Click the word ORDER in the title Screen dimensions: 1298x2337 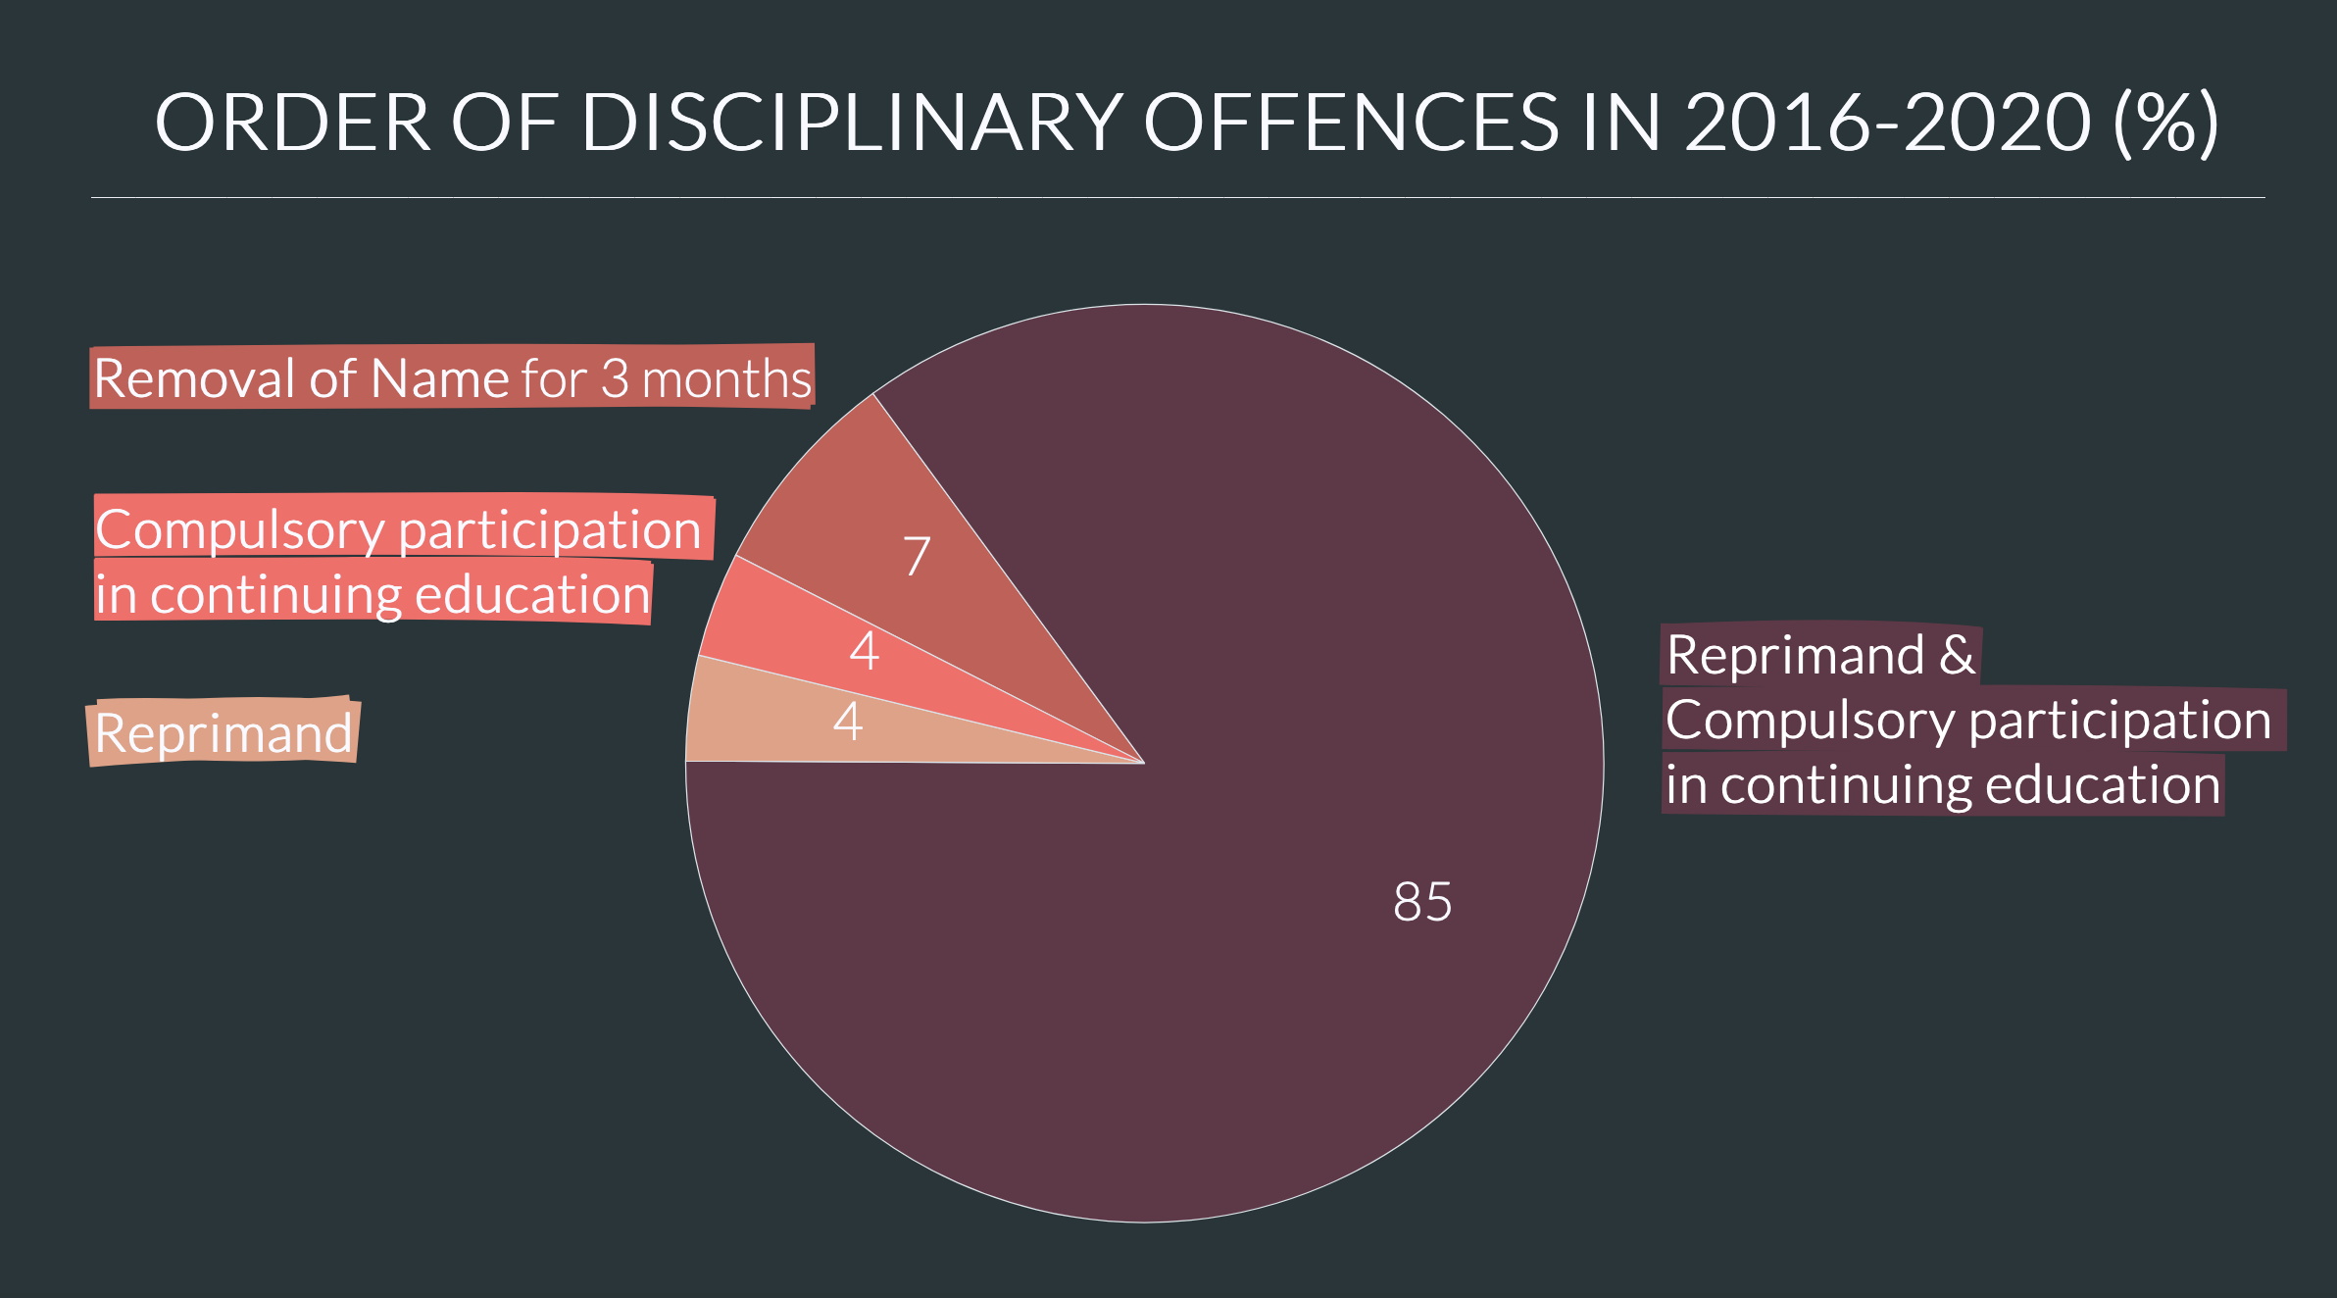[292, 123]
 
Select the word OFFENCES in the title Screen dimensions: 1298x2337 [1350, 123]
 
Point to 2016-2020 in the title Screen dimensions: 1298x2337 [1887, 123]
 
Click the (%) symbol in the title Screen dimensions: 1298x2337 [2165, 123]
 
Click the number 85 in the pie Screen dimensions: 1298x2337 [1422, 901]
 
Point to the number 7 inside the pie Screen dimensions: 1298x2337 [917, 556]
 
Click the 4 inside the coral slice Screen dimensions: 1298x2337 [864, 650]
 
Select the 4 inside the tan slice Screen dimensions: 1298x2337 [848, 722]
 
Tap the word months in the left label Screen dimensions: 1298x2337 [726, 378]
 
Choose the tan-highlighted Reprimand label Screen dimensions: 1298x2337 [224, 733]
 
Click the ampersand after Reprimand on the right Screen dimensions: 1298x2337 [1957, 654]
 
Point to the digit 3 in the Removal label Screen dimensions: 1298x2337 [615, 378]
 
